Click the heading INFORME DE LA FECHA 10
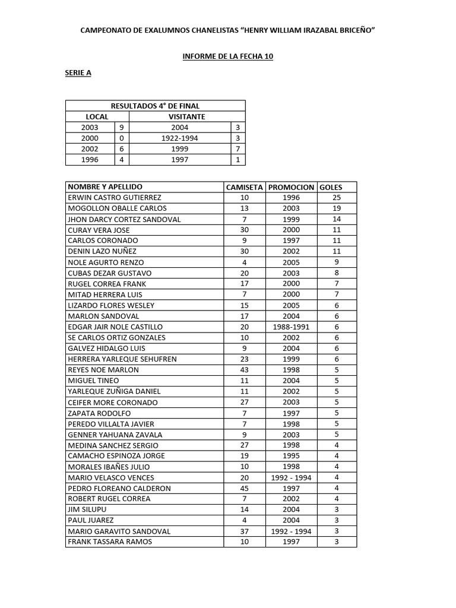[x=227, y=56]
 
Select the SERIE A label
[x=78, y=73]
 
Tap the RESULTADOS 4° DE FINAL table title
[x=155, y=106]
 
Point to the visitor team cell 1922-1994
[x=179, y=138]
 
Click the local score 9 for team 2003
[x=122, y=127]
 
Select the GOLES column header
[x=331, y=187]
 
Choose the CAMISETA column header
[x=245, y=187]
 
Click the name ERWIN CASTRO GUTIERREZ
[x=115, y=198]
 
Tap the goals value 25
[x=337, y=198]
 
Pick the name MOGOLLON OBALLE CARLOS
[x=118, y=208]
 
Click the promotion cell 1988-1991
[x=291, y=327]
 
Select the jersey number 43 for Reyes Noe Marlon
[x=244, y=370]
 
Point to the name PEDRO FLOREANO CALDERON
[x=119, y=488]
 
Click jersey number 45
[x=244, y=488]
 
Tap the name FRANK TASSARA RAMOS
[x=110, y=541]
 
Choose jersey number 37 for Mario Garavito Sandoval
[x=244, y=531]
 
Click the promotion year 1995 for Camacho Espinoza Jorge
[x=291, y=456]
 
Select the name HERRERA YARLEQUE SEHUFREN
[x=122, y=359]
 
